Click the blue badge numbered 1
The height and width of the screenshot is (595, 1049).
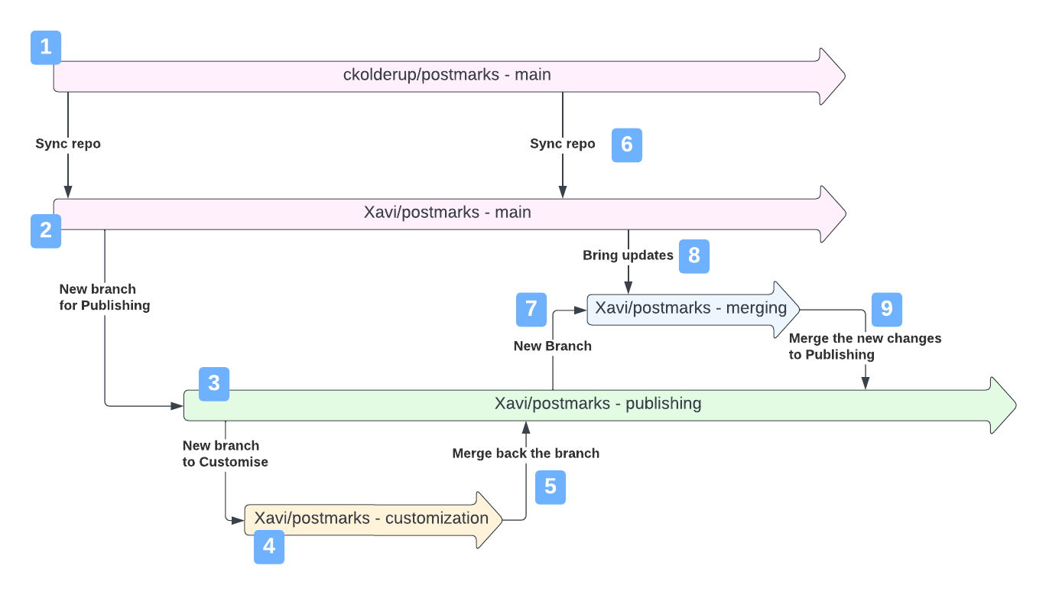tap(46, 47)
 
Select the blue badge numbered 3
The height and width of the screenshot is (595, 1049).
tap(214, 384)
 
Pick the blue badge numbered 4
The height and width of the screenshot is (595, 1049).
tap(269, 548)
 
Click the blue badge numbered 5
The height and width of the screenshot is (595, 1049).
tap(550, 487)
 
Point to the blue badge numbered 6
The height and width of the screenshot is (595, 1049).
tap(627, 145)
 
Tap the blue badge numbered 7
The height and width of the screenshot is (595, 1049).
tap(531, 309)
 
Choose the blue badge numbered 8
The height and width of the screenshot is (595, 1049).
tap(694, 256)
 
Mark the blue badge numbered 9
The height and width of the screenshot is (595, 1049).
tap(887, 309)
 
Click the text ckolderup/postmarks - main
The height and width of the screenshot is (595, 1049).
tap(447, 75)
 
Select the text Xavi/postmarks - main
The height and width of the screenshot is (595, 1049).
tap(447, 213)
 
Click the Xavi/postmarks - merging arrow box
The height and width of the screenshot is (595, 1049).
tap(691, 308)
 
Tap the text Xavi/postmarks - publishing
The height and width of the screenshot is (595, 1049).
tap(598, 403)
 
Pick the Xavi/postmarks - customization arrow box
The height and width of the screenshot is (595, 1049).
tap(372, 519)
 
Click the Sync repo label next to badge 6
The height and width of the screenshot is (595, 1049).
tap(563, 144)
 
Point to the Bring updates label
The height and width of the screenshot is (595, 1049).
tap(628, 255)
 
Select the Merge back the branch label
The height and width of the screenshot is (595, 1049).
tap(526, 454)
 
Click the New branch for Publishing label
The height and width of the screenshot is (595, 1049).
tap(105, 297)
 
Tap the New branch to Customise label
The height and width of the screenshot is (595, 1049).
tap(226, 454)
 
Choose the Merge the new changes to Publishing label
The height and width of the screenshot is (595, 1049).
tap(865, 346)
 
